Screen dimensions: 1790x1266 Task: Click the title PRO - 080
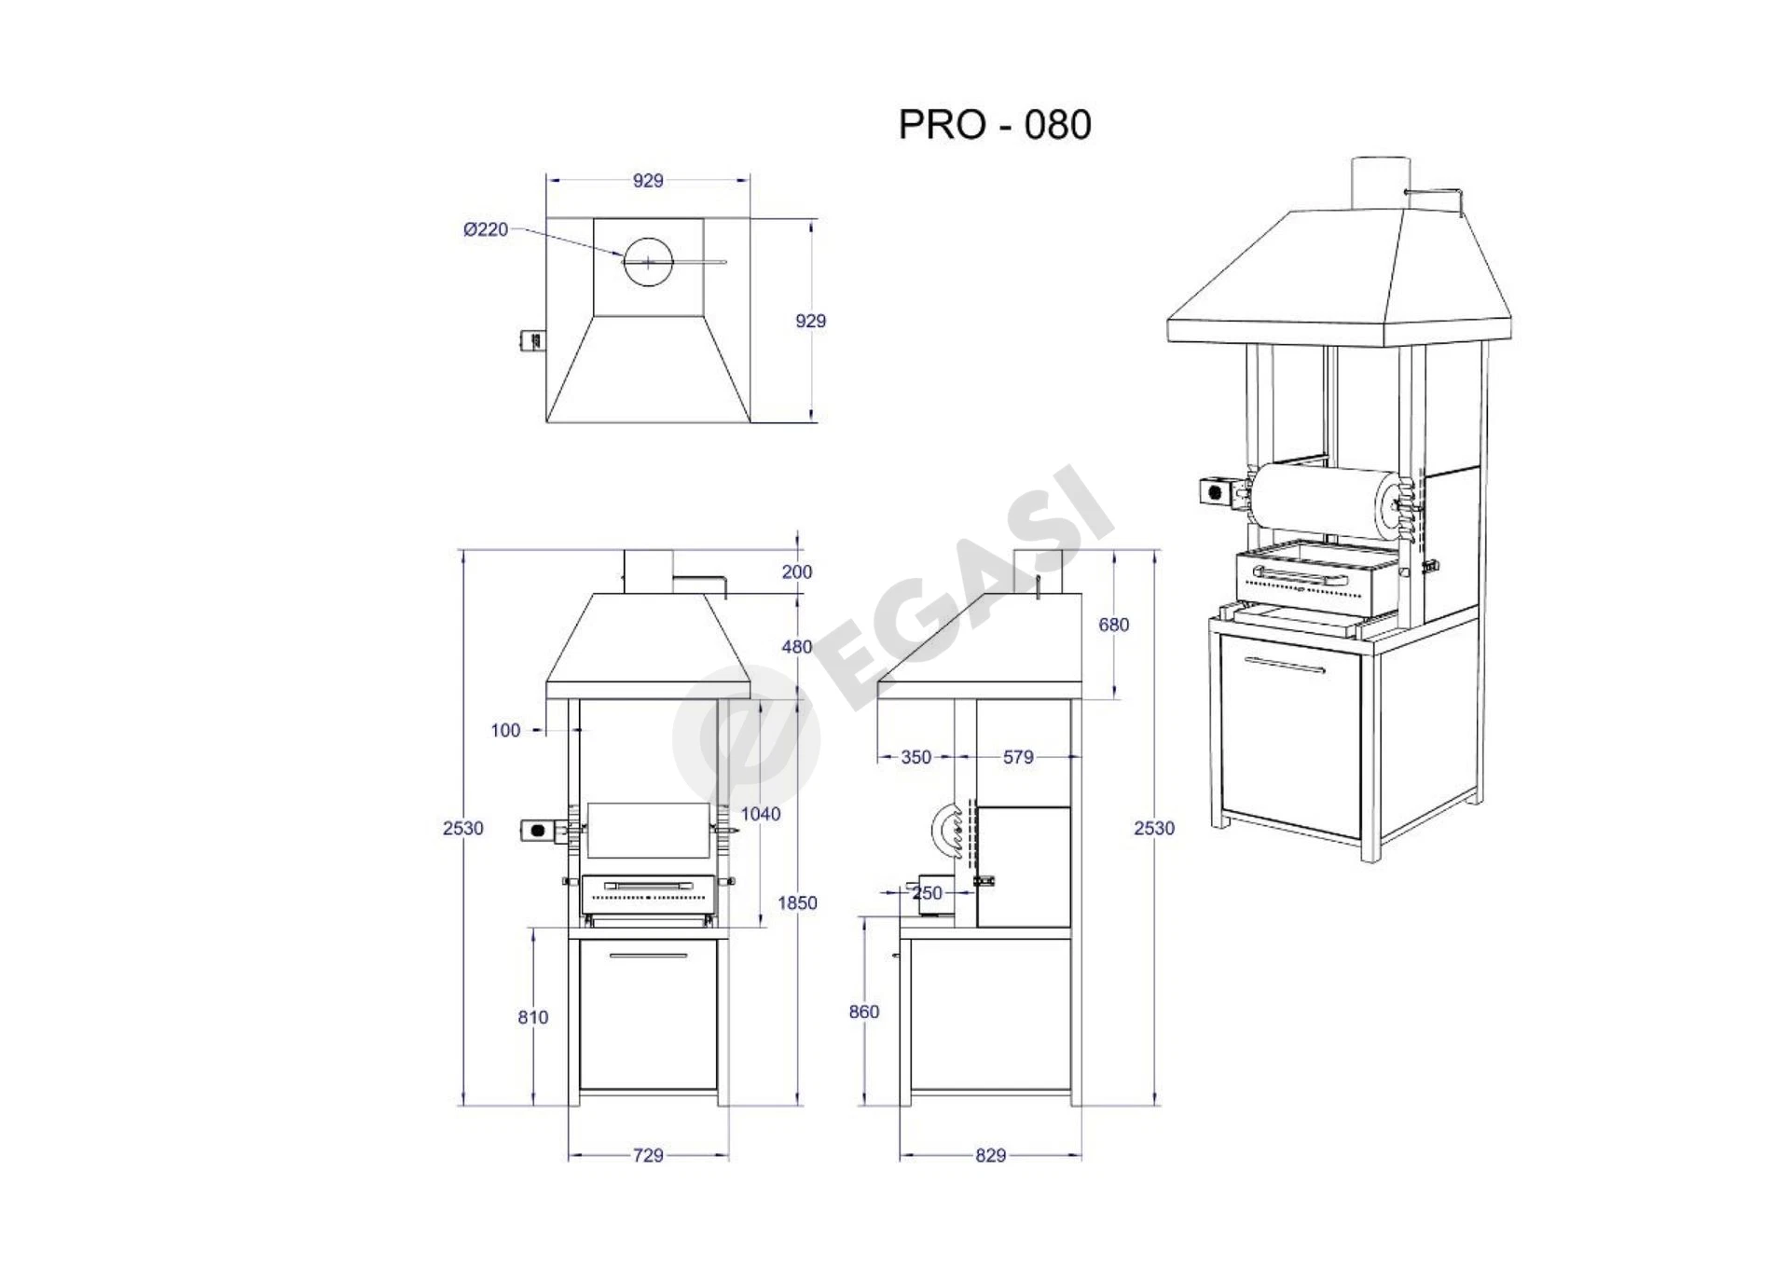(995, 125)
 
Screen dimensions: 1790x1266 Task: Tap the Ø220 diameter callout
(486, 229)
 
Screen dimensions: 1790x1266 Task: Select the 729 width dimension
(648, 1155)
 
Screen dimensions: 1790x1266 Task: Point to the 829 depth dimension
(990, 1155)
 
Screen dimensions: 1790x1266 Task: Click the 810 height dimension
(533, 1017)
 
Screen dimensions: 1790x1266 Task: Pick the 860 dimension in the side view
(864, 1011)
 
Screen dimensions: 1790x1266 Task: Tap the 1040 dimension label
(761, 814)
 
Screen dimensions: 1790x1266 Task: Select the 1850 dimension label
(797, 902)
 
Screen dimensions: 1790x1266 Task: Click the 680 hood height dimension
(1113, 625)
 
